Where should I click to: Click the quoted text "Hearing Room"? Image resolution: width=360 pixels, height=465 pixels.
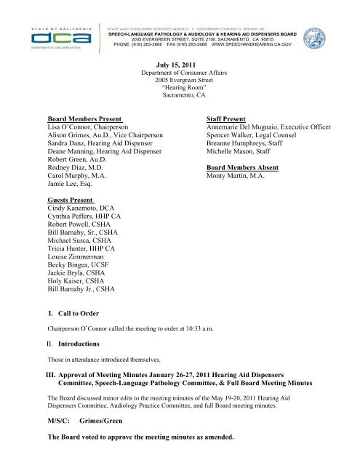pos(180,93)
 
